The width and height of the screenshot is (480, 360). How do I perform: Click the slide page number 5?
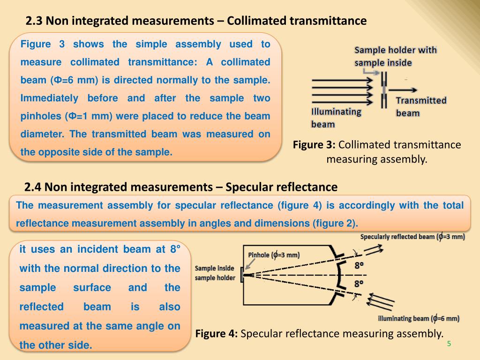point(449,344)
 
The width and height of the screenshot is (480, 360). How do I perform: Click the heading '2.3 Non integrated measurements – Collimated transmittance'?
point(195,21)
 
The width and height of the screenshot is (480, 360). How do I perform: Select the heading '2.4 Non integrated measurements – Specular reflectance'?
point(181,187)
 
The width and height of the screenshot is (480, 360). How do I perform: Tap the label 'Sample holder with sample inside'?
point(395,56)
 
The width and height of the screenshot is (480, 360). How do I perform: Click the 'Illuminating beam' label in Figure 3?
point(336,118)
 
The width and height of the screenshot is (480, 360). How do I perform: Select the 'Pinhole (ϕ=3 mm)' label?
point(273,255)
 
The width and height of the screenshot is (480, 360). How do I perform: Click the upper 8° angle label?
point(359,266)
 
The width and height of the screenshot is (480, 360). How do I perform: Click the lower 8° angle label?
point(359,284)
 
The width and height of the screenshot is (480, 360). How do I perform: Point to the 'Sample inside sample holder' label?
point(215,273)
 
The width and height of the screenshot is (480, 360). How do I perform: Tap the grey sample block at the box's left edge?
point(242,275)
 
